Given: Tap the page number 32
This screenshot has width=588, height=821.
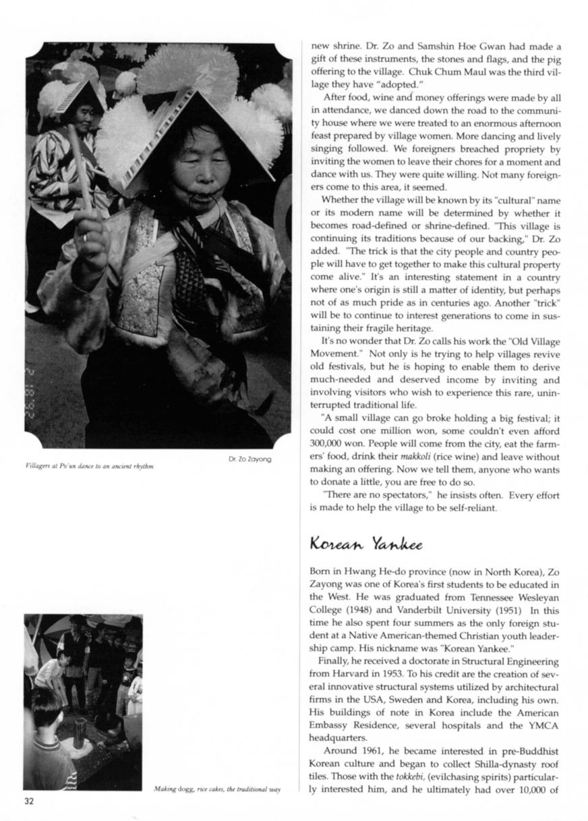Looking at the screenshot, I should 29,801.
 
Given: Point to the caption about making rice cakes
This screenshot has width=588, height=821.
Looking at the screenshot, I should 216,789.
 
